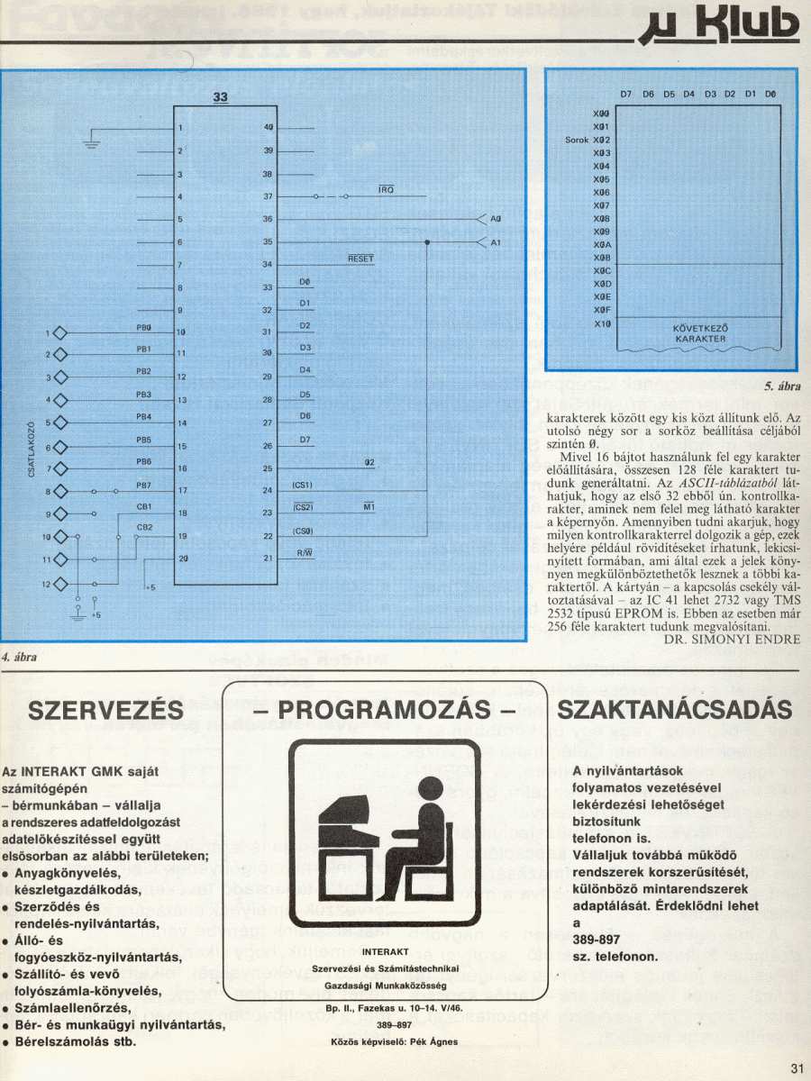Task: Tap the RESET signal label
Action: click(360, 259)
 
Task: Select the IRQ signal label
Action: click(386, 189)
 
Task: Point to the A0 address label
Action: click(497, 219)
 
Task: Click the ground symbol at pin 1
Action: click(91, 141)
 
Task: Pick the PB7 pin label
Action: click(143, 485)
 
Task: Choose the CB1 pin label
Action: click(143, 506)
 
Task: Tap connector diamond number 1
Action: click(61, 332)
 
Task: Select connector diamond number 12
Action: click(61, 584)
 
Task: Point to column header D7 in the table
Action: click(626, 94)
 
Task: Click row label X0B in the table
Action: click(603, 258)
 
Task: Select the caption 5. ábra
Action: click(782, 386)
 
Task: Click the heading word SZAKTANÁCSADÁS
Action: click(676, 710)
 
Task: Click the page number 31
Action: click(796, 1068)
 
